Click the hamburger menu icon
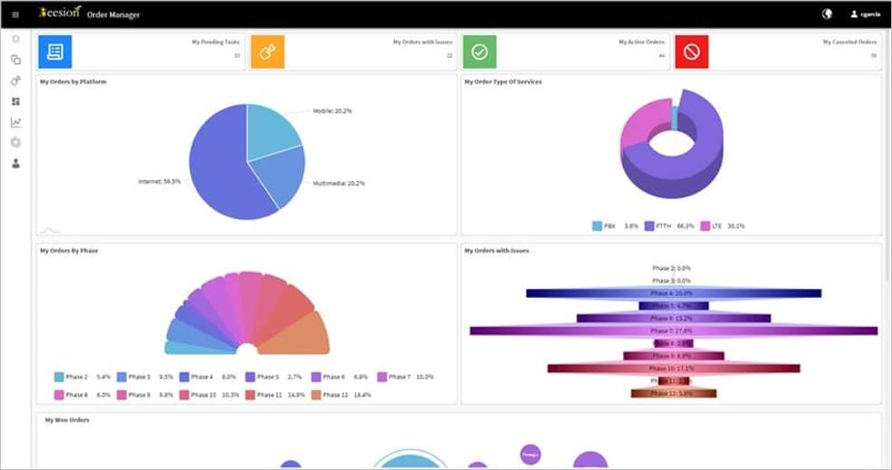(x=15, y=14)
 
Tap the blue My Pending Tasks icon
(x=54, y=52)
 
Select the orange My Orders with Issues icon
(x=267, y=52)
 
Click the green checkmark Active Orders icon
(x=479, y=52)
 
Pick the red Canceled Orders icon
(x=692, y=52)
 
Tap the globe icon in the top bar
(x=827, y=14)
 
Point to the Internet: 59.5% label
(x=158, y=181)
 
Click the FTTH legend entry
(x=669, y=225)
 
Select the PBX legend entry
(x=616, y=225)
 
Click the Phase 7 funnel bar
(x=673, y=331)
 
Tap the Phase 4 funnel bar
(x=673, y=293)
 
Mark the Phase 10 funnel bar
(x=673, y=369)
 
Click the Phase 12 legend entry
(x=340, y=395)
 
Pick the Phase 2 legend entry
(x=82, y=377)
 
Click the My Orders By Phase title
(x=69, y=251)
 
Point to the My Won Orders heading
(x=67, y=420)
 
